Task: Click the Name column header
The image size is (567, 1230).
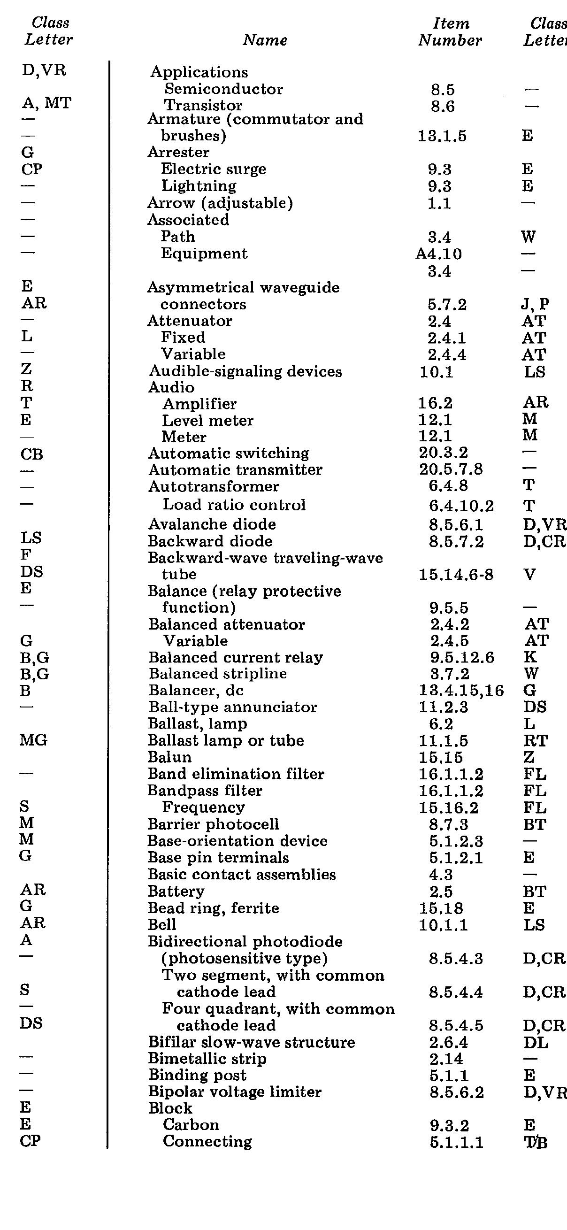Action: (x=265, y=40)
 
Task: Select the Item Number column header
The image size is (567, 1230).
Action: (x=450, y=32)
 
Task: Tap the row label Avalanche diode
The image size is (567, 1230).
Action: (x=212, y=524)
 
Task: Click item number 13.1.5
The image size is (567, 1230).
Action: (x=442, y=137)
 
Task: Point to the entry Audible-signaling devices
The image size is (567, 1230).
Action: (x=245, y=371)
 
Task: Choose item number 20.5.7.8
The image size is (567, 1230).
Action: (x=451, y=469)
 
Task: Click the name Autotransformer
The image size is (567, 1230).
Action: (x=214, y=486)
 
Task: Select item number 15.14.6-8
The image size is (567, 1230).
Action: (x=456, y=575)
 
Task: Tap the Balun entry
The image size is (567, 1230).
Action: (x=169, y=757)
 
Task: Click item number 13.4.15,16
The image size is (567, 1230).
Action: (x=461, y=691)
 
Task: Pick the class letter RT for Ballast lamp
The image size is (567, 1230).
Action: (x=535, y=741)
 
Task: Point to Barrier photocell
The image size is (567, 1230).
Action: (x=213, y=824)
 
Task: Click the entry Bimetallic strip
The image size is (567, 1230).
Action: (x=207, y=1059)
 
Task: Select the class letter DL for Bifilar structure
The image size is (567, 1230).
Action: (x=536, y=1042)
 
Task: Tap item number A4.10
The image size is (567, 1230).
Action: (x=438, y=254)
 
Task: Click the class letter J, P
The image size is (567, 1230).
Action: (x=535, y=304)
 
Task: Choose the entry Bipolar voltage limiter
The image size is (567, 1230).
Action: (x=235, y=1092)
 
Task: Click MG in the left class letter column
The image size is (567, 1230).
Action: (x=33, y=740)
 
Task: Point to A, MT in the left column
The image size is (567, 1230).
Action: (x=46, y=103)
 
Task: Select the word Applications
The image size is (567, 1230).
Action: (x=199, y=72)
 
